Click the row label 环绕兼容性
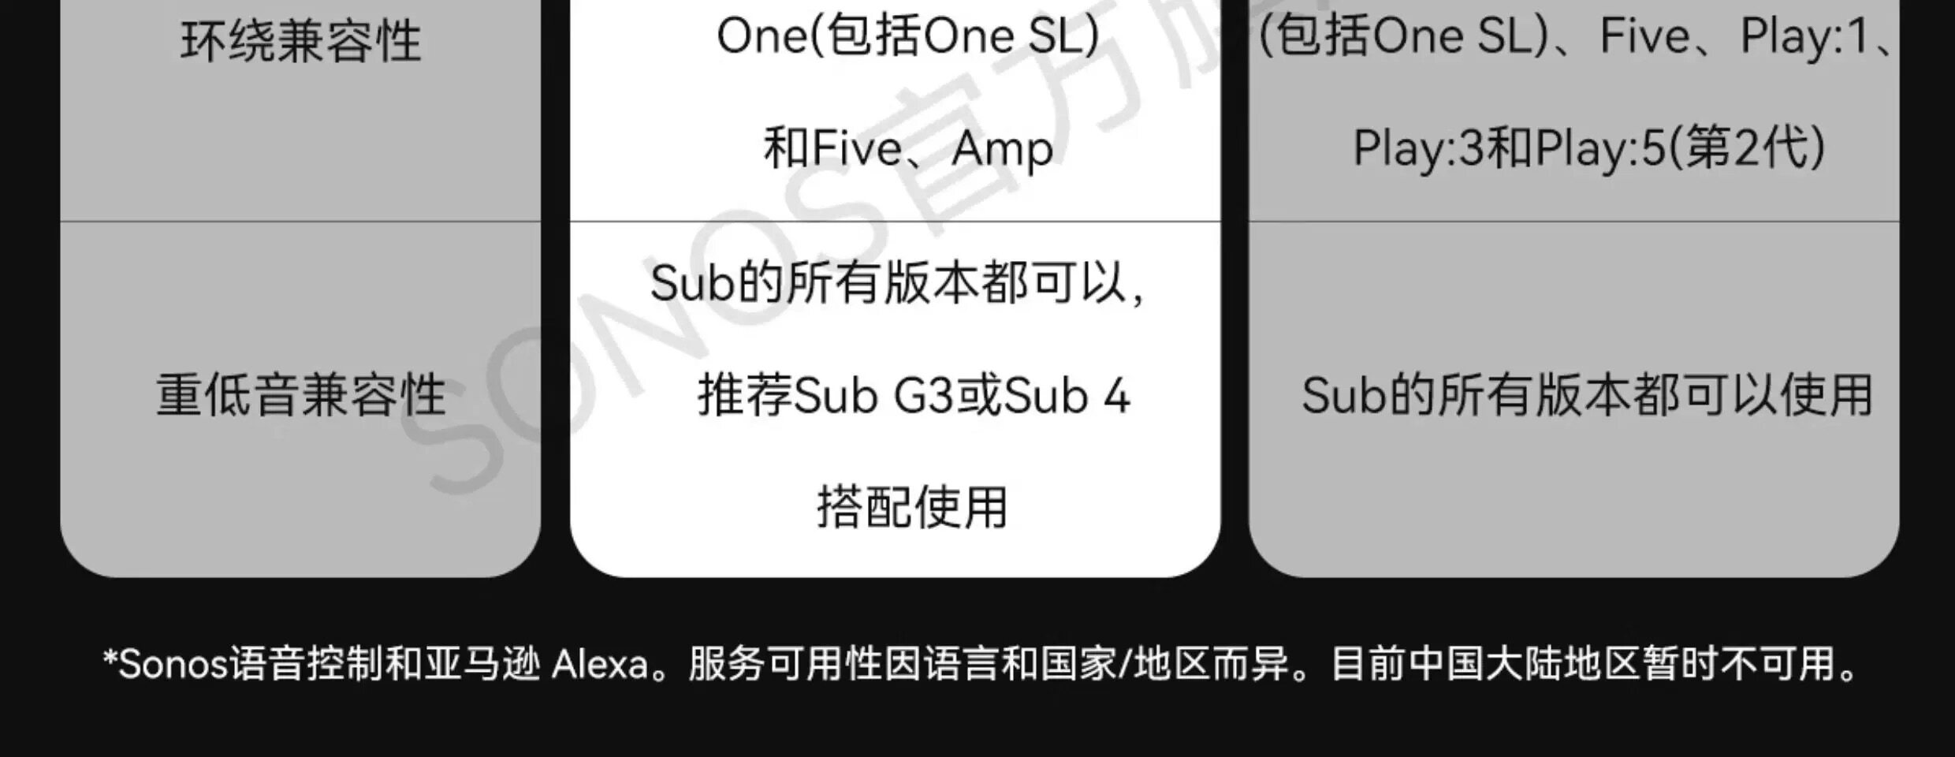click(x=301, y=41)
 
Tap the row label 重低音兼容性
click(x=301, y=394)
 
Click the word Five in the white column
click(x=857, y=148)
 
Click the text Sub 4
click(x=1067, y=396)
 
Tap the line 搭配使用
click(x=913, y=506)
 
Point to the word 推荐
click(x=745, y=396)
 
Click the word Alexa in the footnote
click(x=600, y=665)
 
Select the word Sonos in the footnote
click(x=173, y=665)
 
